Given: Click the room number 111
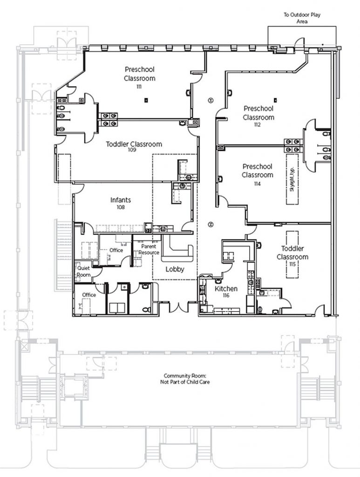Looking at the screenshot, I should pyautogui.click(x=139, y=87).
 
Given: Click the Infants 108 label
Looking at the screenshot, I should pyautogui.click(x=121, y=203).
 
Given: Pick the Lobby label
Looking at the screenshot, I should pyautogui.click(x=175, y=269).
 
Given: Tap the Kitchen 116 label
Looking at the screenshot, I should pyautogui.click(x=226, y=292).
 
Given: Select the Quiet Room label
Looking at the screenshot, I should pyautogui.click(x=83, y=271).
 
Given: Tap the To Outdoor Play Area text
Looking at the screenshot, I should pyautogui.click(x=302, y=18).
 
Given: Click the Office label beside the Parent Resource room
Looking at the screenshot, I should pyautogui.click(x=116, y=250).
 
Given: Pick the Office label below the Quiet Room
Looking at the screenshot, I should pyautogui.click(x=88, y=295).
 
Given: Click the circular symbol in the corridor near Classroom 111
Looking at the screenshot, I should pyautogui.click(x=211, y=99).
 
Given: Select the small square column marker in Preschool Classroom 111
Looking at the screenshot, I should pyautogui.click(x=146, y=99).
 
